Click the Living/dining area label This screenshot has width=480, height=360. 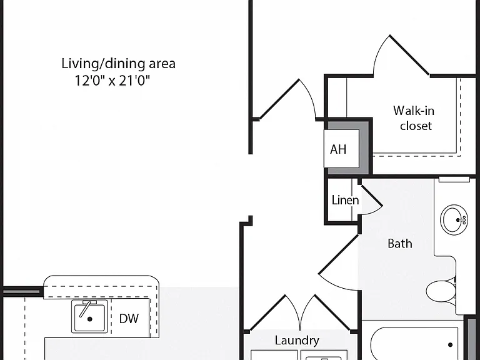[x=119, y=64]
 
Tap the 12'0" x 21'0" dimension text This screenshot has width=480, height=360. [x=112, y=81]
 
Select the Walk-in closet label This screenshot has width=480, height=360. [x=414, y=118]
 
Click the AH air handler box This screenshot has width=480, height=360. [x=341, y=149]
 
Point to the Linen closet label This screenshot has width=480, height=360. [x=345, y=200]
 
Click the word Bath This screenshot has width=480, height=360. [x=400, y=244]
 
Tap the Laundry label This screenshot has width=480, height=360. [x=297, y=341]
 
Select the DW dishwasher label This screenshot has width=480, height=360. [x=129, y=319]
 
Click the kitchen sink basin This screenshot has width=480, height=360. [x=90, y=316]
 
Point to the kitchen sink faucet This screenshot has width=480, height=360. [x=86, y=308]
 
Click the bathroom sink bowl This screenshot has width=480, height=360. [x=454, y=219]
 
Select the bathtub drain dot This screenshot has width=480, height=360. [x=450, y=345]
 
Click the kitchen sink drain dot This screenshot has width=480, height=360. [x=90, y=319]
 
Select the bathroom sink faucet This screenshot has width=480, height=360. [x=461, y=220]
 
